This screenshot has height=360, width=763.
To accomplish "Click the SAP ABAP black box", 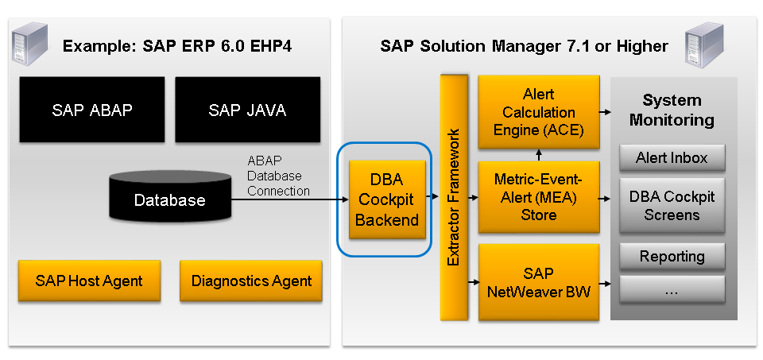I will click(91, 110).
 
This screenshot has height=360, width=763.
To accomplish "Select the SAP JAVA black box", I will click(247, 110).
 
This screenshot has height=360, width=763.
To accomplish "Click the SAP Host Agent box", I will click(89, 281).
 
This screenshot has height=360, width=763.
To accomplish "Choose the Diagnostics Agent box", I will click(251, 281).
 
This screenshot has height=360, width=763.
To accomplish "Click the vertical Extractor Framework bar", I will click(453, 197).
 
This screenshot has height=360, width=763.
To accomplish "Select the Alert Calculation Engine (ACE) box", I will click(538, 112).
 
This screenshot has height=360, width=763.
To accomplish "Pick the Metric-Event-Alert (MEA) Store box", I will click(538, 197).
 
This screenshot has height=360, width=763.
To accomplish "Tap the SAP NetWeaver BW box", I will click(538, 282).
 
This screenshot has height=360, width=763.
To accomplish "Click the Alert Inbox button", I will click(672, 157).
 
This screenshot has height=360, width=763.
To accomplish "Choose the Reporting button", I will click(672, 257).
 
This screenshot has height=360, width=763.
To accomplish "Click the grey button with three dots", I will click(672, 291).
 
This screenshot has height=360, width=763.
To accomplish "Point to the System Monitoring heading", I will click(672, 110).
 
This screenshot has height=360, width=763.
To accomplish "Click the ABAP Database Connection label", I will click(278, 175).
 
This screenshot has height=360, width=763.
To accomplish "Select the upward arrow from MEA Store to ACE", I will click(538, 153).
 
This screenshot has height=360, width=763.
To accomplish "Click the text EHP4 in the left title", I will click(268, 45).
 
